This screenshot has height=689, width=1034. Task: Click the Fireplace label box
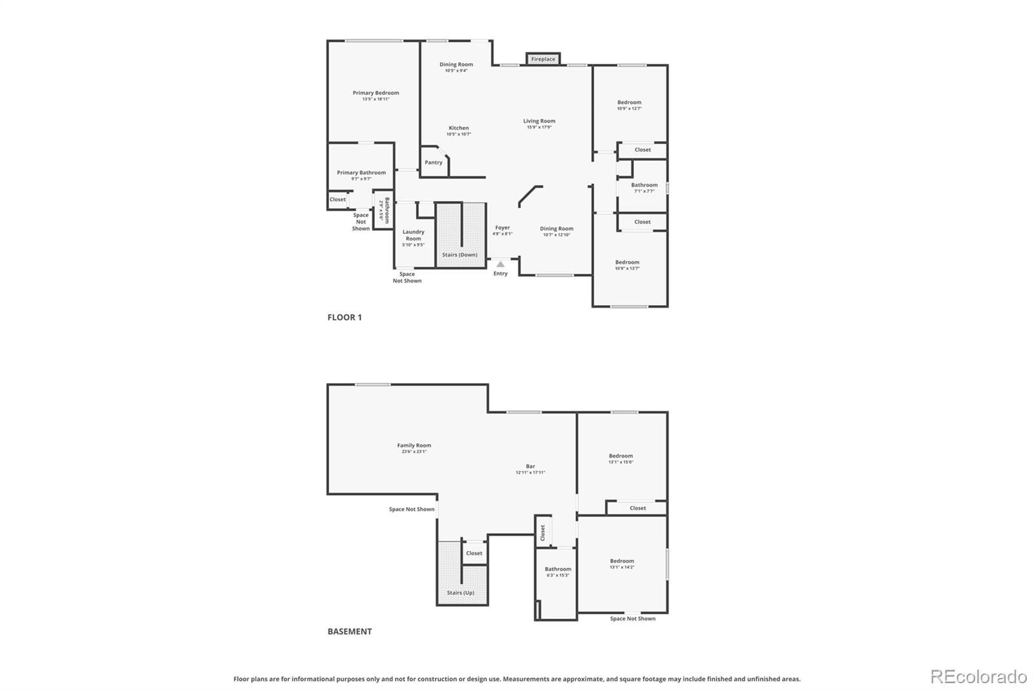click(x=543, y=59)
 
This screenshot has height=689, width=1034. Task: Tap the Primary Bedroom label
click(x=375, y=93)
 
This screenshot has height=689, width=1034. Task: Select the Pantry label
click(x=434, y=162)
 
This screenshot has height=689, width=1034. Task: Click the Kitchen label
click(x=459, y=128)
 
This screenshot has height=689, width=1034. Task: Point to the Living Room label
click(x=539, y=121)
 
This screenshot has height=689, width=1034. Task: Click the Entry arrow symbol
click(x=500, y=264)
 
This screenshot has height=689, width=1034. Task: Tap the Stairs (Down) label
click(x=459, y=255)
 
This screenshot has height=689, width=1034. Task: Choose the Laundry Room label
click(x=413, y=235)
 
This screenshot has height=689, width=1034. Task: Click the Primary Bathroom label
click(x=361, y=173)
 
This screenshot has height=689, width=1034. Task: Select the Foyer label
click(x=502, y=228)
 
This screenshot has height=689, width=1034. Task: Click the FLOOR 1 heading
click(x=344, y=317)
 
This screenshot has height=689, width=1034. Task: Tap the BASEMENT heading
click(x=350, y=631)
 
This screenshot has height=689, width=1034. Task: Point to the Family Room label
click(x=414, y=445)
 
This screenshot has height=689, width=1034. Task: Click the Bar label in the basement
click(x=530, y=466)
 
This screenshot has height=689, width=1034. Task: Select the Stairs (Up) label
click(x=460, y=593)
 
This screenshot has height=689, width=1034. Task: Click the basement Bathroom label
click(x=558, y=569)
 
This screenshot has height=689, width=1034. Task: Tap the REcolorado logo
click(x=978, y=677)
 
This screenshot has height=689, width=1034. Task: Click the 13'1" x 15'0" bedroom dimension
click(x=620, y=462)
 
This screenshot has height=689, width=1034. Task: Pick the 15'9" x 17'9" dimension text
click(x=539, y=127)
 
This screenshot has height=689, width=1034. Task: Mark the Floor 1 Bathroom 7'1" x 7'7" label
click(x=644, y=188)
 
